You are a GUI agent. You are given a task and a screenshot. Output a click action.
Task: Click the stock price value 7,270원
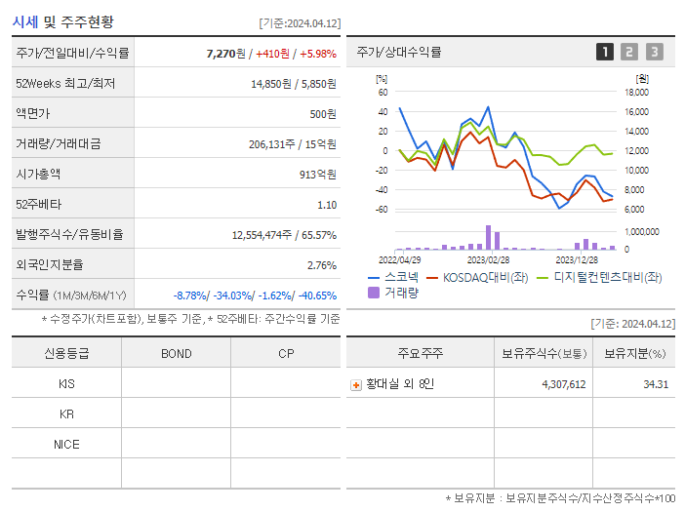225,53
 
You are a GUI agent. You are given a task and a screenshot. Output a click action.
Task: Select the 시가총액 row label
38,174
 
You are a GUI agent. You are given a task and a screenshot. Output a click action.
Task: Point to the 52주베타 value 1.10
327,205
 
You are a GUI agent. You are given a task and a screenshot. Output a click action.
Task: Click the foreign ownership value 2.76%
321,265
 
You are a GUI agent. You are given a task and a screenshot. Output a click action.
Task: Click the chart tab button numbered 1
605,52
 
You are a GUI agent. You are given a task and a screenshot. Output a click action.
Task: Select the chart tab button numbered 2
629,52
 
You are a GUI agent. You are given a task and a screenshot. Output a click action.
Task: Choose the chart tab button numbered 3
654,52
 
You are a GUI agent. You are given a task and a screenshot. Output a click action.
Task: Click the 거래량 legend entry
400,292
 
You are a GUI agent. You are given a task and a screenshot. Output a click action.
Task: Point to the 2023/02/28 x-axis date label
488,260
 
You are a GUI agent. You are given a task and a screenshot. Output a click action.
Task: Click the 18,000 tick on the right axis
635,93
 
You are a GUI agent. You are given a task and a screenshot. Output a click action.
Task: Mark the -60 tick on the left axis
383,210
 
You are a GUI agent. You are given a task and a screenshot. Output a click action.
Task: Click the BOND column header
176,353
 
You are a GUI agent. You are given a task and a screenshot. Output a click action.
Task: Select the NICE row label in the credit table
66,445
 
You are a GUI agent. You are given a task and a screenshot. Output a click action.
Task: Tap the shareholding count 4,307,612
563,384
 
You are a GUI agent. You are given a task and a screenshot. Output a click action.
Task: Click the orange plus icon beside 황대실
356,385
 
